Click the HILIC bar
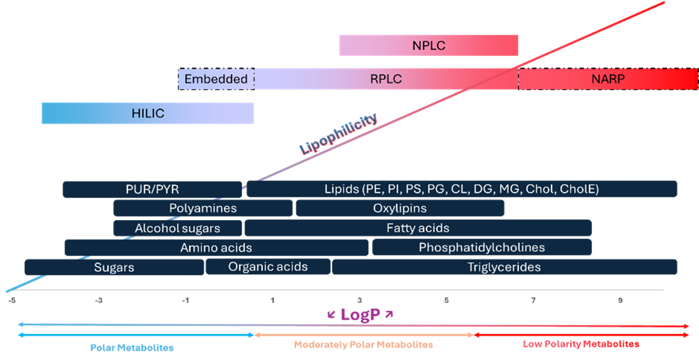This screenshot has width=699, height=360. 147,114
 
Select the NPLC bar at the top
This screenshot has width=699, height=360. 428,45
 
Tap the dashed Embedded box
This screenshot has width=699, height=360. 216,79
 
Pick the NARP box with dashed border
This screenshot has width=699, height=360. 608,79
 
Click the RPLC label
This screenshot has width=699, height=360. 386,79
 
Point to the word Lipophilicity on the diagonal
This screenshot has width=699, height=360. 338,134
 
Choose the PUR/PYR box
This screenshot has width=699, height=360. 152,189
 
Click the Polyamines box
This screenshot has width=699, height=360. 203,208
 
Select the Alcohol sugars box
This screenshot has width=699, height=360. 178,228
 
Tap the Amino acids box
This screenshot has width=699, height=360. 216,248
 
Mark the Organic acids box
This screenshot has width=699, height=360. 268,266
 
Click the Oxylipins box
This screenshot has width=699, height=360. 400,208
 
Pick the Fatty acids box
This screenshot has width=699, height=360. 418,228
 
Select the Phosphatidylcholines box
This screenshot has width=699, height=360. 482,248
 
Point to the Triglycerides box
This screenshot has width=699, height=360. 504,267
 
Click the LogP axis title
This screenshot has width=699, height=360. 360,315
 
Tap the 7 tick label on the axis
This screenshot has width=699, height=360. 533,300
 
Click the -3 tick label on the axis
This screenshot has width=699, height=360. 98,300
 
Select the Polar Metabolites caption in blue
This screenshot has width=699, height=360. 132,347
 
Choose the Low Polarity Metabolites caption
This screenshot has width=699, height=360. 581,344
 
